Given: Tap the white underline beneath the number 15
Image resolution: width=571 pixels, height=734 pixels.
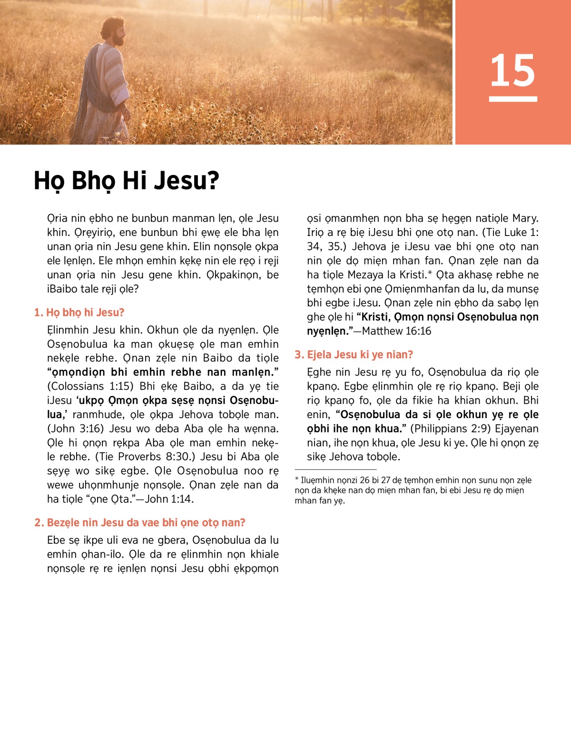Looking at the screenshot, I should [512, 99].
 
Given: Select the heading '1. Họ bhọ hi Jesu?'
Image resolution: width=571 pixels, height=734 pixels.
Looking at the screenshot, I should [79, 313].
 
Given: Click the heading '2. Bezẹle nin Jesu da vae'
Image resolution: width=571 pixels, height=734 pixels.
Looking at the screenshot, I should [140, 522].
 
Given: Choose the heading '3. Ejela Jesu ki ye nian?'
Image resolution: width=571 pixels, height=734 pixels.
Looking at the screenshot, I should [354, 354].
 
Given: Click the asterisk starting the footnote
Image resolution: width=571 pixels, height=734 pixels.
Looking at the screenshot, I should [297, 480].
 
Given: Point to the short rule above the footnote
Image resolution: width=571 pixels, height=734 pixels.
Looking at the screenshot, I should [335, 470].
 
